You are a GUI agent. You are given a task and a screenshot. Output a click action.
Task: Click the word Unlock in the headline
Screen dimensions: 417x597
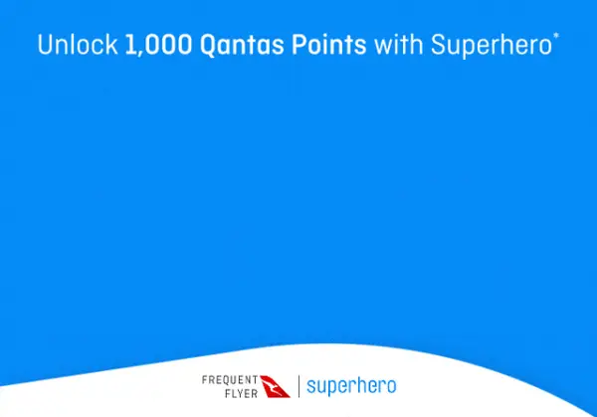click(79, 45)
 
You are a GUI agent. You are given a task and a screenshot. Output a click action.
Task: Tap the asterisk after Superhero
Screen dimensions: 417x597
click(555, 38)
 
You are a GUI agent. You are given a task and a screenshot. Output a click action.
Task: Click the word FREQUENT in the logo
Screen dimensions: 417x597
click(230, 379)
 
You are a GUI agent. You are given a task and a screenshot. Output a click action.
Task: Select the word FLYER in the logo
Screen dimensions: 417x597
click(241, 392)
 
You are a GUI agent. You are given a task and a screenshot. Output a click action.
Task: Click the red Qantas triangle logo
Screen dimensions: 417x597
click(277, 385)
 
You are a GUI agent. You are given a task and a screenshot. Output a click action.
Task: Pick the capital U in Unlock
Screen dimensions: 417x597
click(44, 45)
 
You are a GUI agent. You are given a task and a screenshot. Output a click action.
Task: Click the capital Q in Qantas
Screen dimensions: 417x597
click(202, 46)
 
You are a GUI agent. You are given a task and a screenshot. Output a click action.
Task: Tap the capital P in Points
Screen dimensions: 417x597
click(288, 45)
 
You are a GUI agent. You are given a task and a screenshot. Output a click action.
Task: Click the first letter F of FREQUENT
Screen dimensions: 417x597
click(204, 379)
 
